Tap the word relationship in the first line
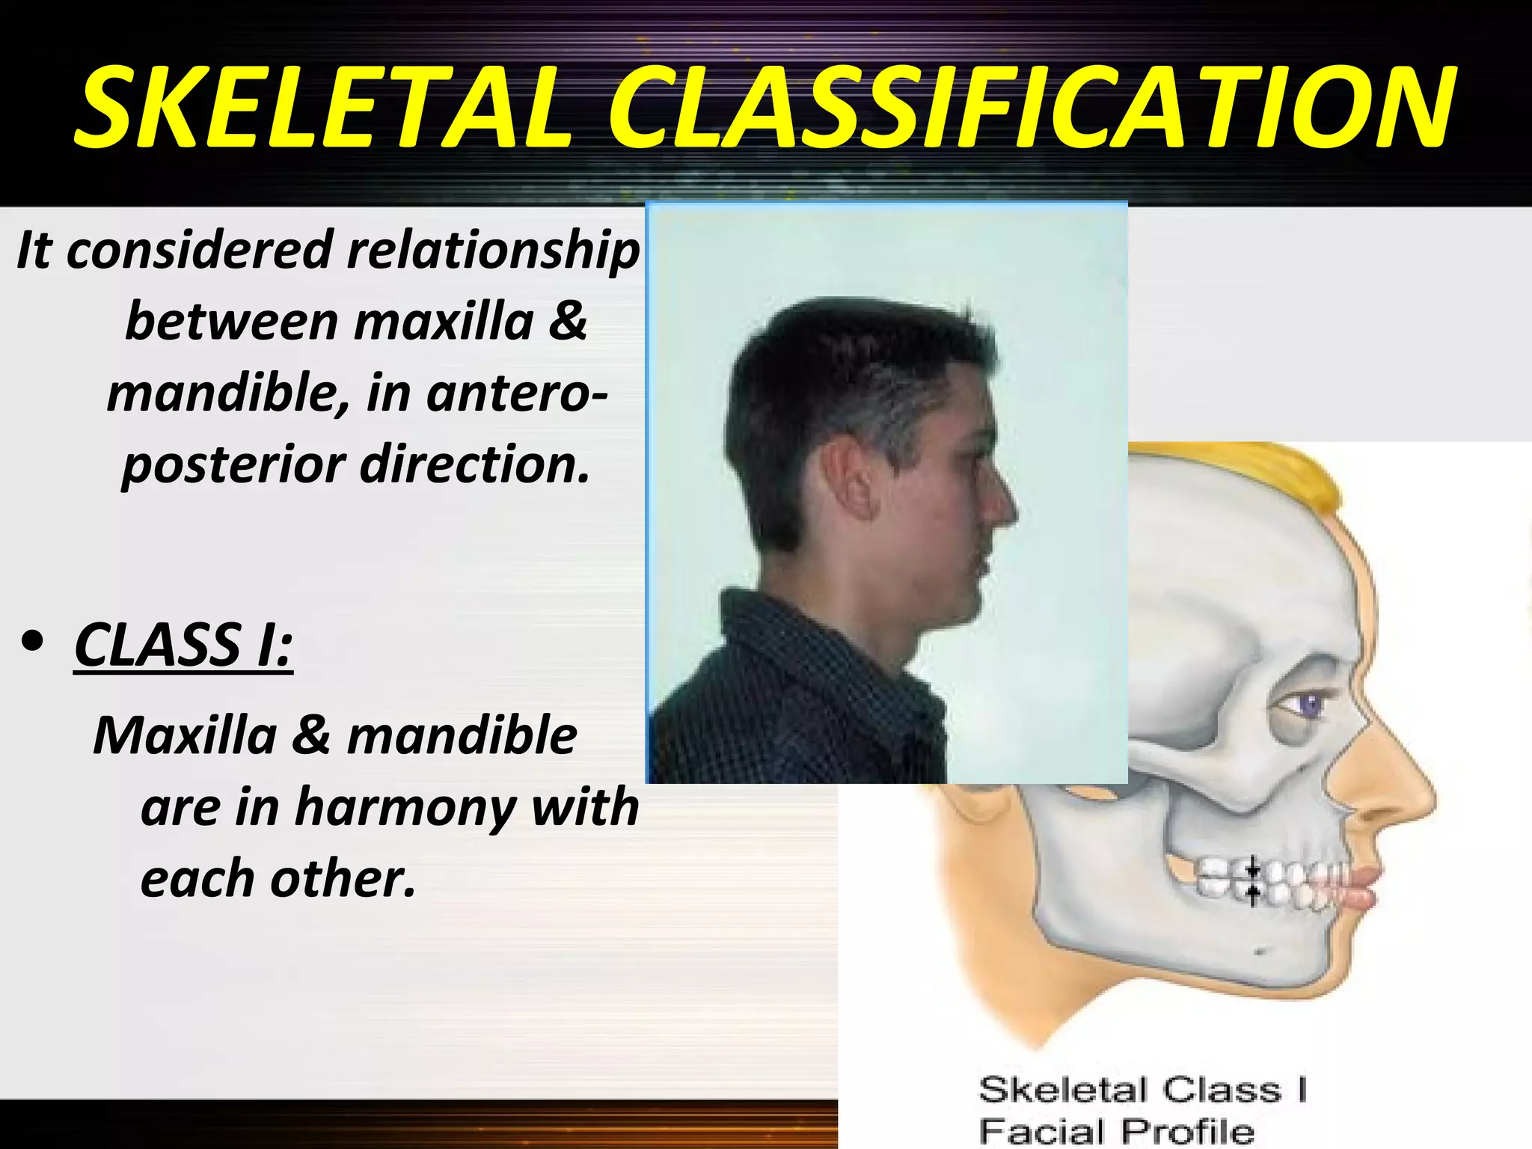[x=494, y=250]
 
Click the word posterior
[x=233, y=465]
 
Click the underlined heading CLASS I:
[x=183, y=645]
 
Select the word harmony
[x=404, y=807]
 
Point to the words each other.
[x=277, y=878]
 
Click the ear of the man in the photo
[x=849, y=479]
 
